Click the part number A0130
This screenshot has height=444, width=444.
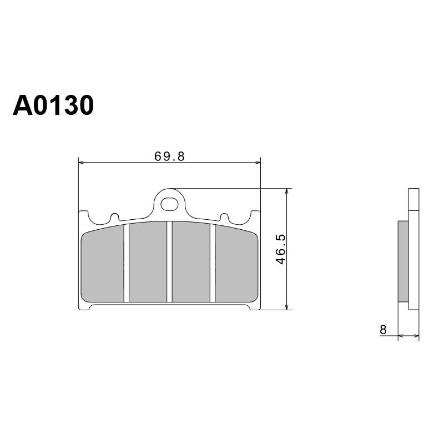coord(53,105)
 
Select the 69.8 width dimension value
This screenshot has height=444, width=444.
coord(169,157)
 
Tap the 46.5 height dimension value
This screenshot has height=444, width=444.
coord(281,249)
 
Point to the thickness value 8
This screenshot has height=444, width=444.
coord(383,330)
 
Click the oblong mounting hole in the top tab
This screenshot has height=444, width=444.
coord(169,204)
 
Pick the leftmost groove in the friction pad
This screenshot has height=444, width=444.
coord(127,263)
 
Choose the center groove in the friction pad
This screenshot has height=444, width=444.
coord(169,261)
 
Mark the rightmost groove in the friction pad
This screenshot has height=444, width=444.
coord(213,263)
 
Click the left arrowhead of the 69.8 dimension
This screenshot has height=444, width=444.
coord(81,162)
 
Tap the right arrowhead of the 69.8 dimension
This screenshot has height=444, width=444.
coord(258,162)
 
